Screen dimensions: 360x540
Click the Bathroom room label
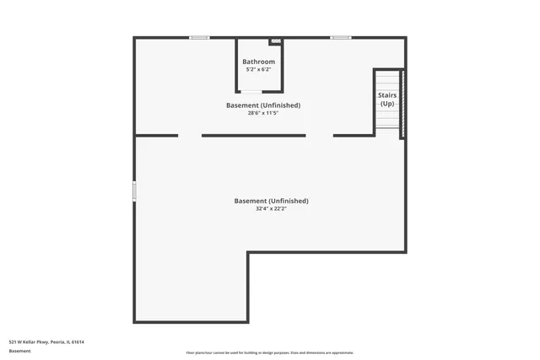258,62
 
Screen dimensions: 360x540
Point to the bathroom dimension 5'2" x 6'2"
258,70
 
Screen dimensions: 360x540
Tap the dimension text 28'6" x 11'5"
263,113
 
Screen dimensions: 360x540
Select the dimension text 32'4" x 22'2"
271,209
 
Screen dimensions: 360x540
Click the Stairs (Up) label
387,99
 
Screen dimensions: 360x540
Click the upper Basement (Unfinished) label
263,105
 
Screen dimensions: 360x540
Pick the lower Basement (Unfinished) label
271,201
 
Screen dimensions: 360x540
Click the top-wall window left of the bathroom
199,37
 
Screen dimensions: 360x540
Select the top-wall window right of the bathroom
341,37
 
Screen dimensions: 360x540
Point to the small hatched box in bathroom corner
275,41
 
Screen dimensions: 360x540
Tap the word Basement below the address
20,351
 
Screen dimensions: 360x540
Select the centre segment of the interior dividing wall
253,135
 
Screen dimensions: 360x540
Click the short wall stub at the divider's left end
157,135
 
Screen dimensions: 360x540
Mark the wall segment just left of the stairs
354,135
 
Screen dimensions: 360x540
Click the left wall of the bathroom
236,65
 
